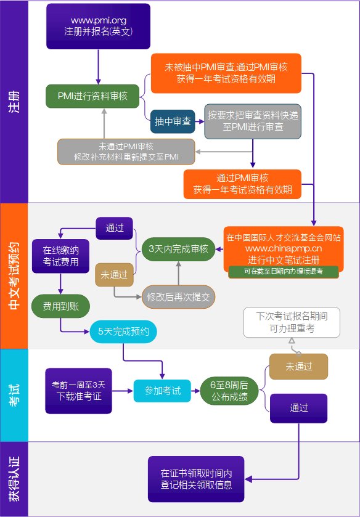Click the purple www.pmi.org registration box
coord(98,26)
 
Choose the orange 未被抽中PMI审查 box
coord(225,73)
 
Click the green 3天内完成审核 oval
coord(178,249)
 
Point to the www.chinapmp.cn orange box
coord(283,245)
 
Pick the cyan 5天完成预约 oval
coord(123,332)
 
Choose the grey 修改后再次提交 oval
coord(178,296)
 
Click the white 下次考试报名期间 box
coord(291,322)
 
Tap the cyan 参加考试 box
coord(163,391)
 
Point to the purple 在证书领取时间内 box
coord(196,479)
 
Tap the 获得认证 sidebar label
coord(14,478)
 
